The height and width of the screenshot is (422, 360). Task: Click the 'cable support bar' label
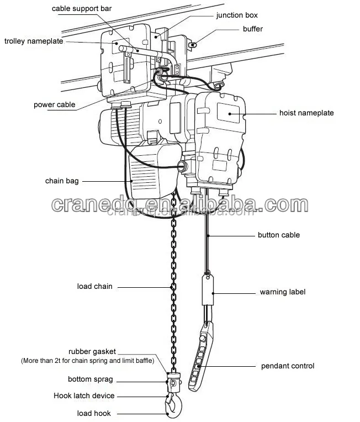(x=82, y=9)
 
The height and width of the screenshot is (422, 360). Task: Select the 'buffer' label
(x=252, y=29)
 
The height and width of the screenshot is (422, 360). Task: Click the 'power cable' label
(x=54, y=104)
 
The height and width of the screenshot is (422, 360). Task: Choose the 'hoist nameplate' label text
(x=306, y=113)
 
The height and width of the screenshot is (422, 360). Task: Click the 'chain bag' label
(x=61, y=181)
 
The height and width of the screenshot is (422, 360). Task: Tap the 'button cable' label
(x=278, y=235)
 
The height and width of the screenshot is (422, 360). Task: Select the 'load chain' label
(x=94, y=286)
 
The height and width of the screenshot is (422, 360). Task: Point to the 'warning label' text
(x=282, y=292)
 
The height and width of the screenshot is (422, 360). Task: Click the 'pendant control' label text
(x=287, y=366)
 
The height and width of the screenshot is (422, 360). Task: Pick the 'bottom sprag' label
(x=90, y=379)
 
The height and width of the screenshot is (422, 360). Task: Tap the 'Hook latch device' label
(x=84, y=395)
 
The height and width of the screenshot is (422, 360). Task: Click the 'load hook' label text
(x=93, y=413)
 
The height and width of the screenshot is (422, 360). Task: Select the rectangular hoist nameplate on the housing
(x=229, y=112)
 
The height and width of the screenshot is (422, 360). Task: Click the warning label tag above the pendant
(x=208, y=290)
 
